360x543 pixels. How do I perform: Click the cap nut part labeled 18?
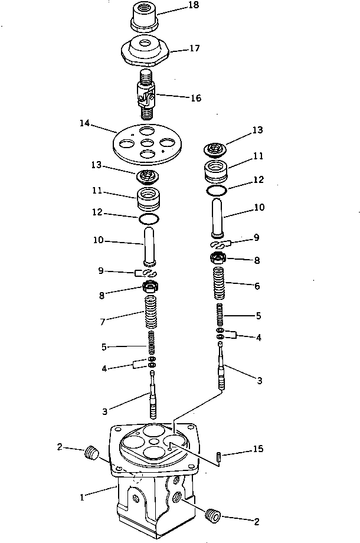click(x=144, y=19)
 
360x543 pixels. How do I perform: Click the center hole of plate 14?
click(x=145, y=142)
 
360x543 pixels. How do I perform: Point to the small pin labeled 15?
click(x=218, y=457)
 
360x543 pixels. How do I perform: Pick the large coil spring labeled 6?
click(x=218, y=284)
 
